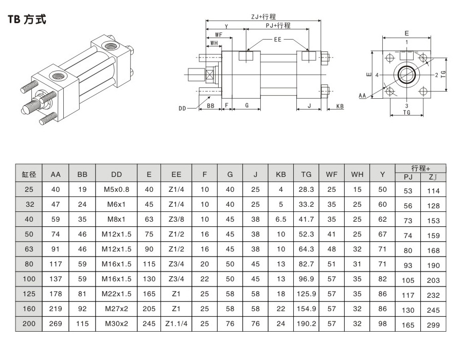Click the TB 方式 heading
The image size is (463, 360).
[27, 20]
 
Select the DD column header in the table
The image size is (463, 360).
[116, 174]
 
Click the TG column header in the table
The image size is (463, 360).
[306, 174]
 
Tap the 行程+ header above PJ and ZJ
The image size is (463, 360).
[420, 168]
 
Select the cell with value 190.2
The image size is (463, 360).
[306, 324]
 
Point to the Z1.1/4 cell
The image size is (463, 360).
[176, 324]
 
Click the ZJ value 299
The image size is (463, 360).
[433, 325]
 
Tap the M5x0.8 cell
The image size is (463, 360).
[116, 189]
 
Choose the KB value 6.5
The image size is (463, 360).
[281, 219]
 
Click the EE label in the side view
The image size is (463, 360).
[278, 39]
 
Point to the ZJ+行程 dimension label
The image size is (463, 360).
[263, 16]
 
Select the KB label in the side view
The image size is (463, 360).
[340, 106]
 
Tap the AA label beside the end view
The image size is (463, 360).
[362, 96]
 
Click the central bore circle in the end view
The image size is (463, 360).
[406, 75]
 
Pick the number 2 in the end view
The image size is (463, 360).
[436, 75]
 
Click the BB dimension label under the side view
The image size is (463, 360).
[211, 105]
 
